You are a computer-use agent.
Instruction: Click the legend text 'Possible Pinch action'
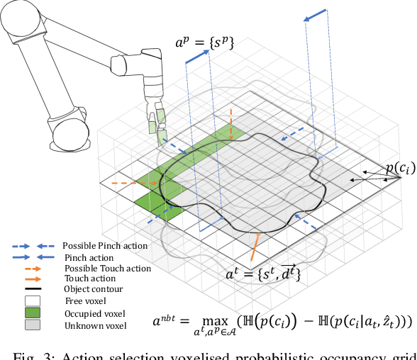coord(105,245)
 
